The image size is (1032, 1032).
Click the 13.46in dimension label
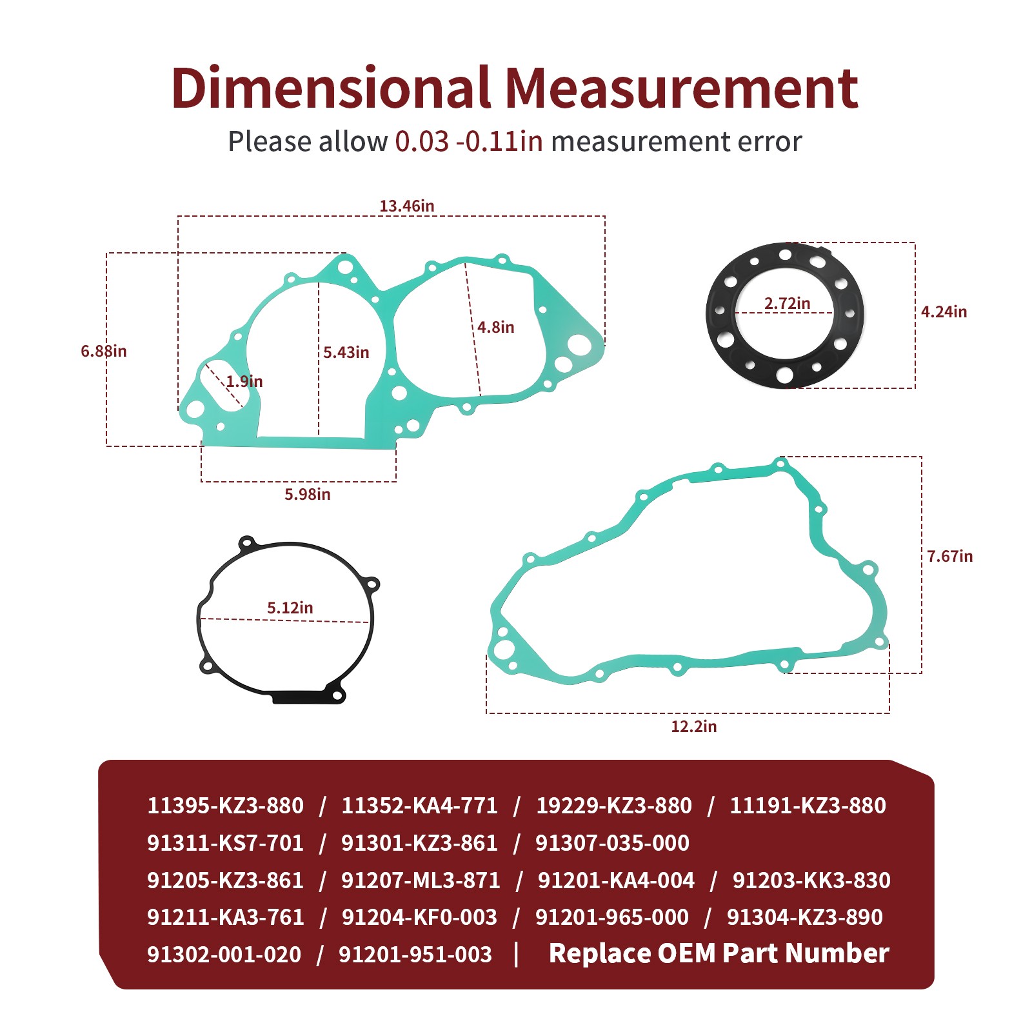click(406, 206)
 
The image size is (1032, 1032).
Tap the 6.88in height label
click(104, 351)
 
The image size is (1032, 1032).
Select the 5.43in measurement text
click(346, 352)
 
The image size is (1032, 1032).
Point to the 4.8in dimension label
click(496, 327)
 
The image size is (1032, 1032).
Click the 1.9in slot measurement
click(244, 381)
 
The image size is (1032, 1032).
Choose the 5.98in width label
click(308, 494)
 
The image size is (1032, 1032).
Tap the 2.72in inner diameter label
click(788, 303)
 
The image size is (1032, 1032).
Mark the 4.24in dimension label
click(944, 312)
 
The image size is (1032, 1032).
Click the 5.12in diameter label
click(290, 608)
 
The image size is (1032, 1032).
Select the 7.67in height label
click(950, 556)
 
